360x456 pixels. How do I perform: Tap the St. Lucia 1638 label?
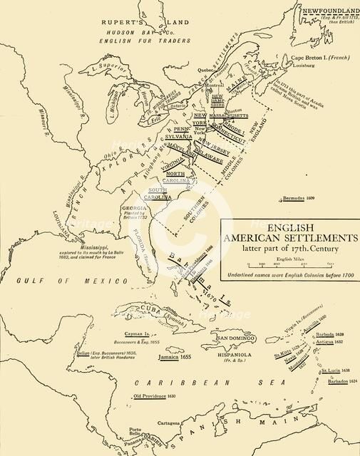(334, 370)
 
